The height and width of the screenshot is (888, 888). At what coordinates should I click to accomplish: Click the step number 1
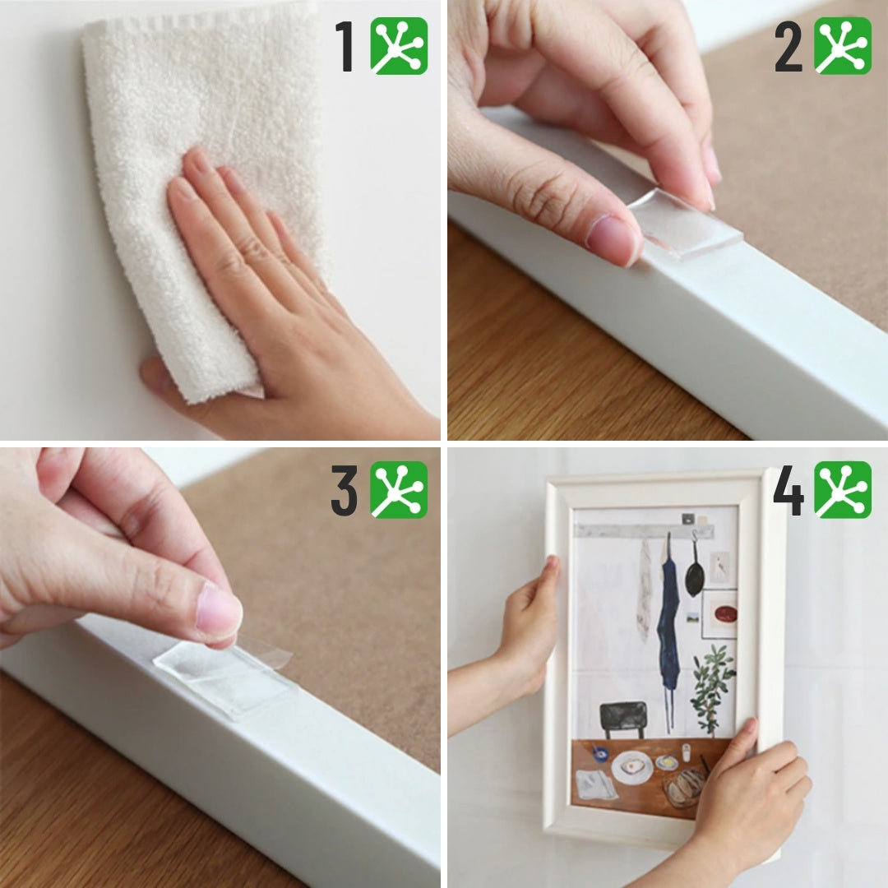(x=345, y=46)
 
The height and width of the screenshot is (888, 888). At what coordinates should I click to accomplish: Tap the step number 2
(x=789, y=46)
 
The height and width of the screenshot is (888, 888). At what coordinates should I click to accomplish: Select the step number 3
(x=345, y=490)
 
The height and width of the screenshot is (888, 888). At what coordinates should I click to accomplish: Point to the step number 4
(x=789, y=490)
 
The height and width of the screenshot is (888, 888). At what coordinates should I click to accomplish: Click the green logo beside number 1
(x=400, y=46)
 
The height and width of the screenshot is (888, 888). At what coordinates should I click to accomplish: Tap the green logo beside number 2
(x=843, y=46)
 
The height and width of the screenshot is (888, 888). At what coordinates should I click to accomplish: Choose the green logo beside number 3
(x=400, y=490)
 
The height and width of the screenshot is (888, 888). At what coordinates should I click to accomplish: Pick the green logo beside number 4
(x=843, y=490)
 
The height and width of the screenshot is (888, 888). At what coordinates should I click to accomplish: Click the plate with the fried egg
(x=631, y=767)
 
